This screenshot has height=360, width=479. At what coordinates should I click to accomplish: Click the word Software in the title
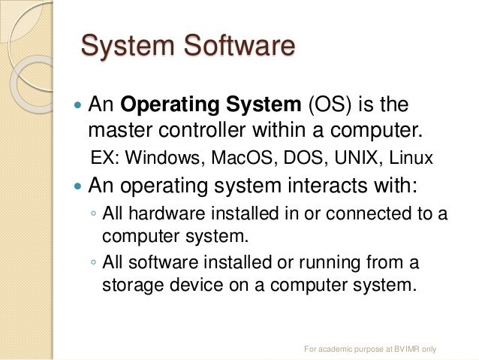click(x=239, y=46)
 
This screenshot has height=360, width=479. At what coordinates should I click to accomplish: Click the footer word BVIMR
click(x=403, y=349)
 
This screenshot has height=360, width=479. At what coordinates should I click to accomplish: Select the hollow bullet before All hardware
click(x=92, y=214)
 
